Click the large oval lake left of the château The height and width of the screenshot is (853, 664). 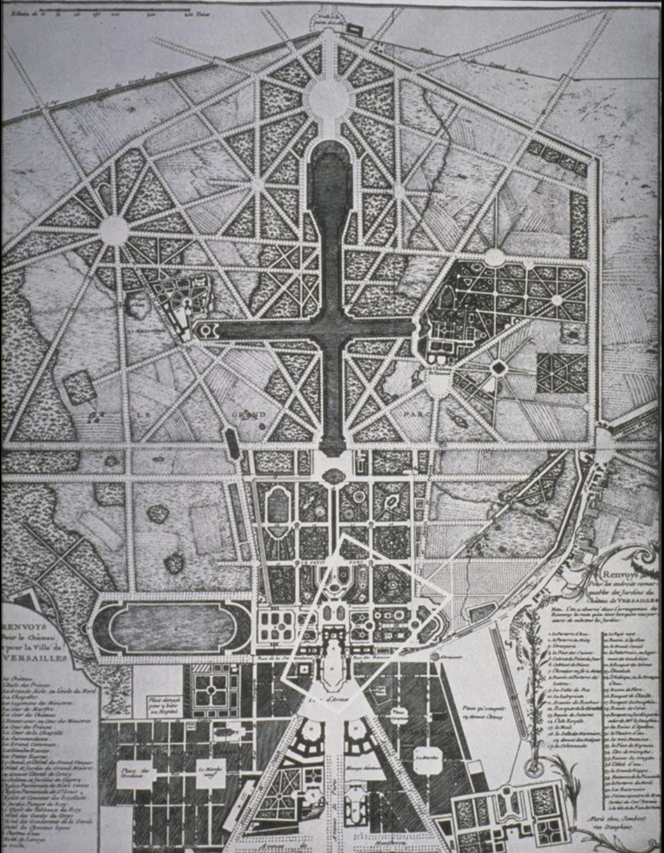pyautogui.click(x=172, y=627)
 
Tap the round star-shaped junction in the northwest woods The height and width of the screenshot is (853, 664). pyautogui.click(x=114, y=231)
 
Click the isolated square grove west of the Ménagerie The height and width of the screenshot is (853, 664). pyautogui.click(x=79, y=387)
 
